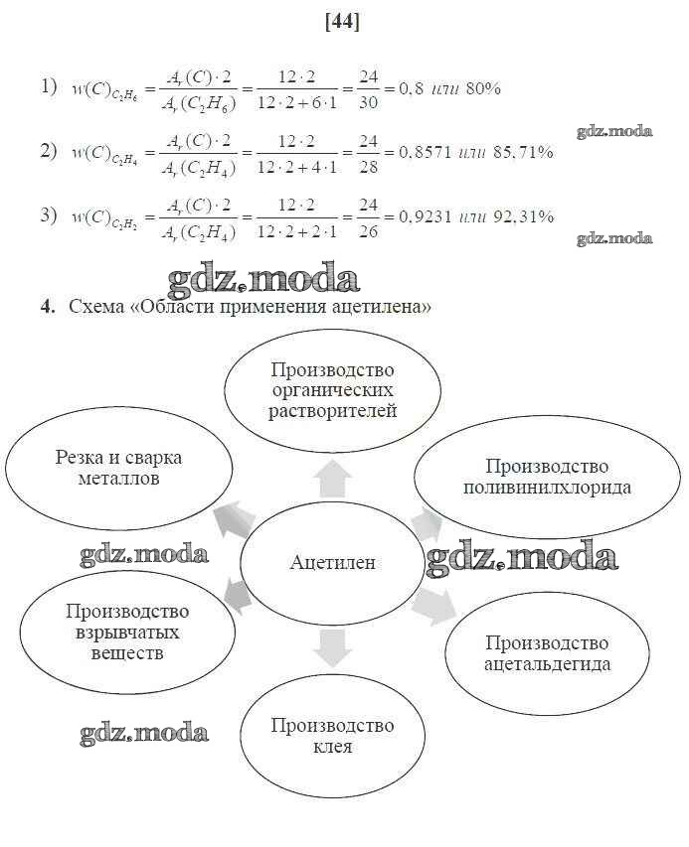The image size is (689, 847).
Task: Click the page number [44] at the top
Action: [x=342, y=21]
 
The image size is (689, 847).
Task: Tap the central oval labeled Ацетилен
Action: [x=333, y=561]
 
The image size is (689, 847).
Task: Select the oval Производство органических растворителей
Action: [x=333, y=390]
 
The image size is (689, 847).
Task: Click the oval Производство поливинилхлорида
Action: [x=548, y=478]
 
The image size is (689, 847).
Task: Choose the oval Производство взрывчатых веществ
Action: [x=127, y=633]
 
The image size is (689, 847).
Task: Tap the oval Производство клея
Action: [x=333, y=735]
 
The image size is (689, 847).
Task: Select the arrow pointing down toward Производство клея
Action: [x=332, y=647]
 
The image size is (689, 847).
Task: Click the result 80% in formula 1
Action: [x=482, y=88]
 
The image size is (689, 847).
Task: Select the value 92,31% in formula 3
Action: [x=521, y=216]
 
